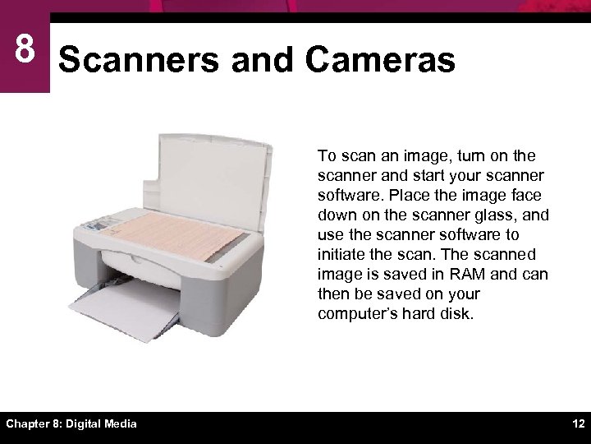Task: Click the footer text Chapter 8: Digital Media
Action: click(x=72, y=423)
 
